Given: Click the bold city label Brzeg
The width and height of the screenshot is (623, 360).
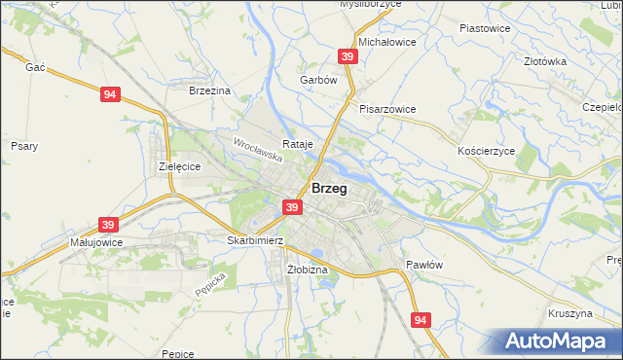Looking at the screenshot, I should click(x=329, y=189).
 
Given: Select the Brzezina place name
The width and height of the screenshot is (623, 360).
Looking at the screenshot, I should click(x=208, y=90).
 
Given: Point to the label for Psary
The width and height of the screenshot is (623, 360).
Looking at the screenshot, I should click(x=24, y=146).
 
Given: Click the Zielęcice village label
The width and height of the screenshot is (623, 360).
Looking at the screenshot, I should click(x=179, y=166).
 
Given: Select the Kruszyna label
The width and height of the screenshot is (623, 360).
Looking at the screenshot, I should click(x=570, y=313).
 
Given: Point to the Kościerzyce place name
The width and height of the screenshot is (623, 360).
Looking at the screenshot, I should click(x=485, y=152).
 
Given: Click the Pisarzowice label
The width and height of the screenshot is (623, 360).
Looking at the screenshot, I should click(x=387, y=109).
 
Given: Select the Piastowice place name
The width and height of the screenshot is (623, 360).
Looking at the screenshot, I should click(x=484, y=28).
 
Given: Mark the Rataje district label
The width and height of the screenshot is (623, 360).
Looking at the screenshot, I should click(x=298, y=143).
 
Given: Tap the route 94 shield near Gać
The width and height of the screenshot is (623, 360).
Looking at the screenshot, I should click(x=110, y=94).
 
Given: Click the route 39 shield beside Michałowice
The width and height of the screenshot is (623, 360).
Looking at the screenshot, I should click(x=348, y=57).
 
